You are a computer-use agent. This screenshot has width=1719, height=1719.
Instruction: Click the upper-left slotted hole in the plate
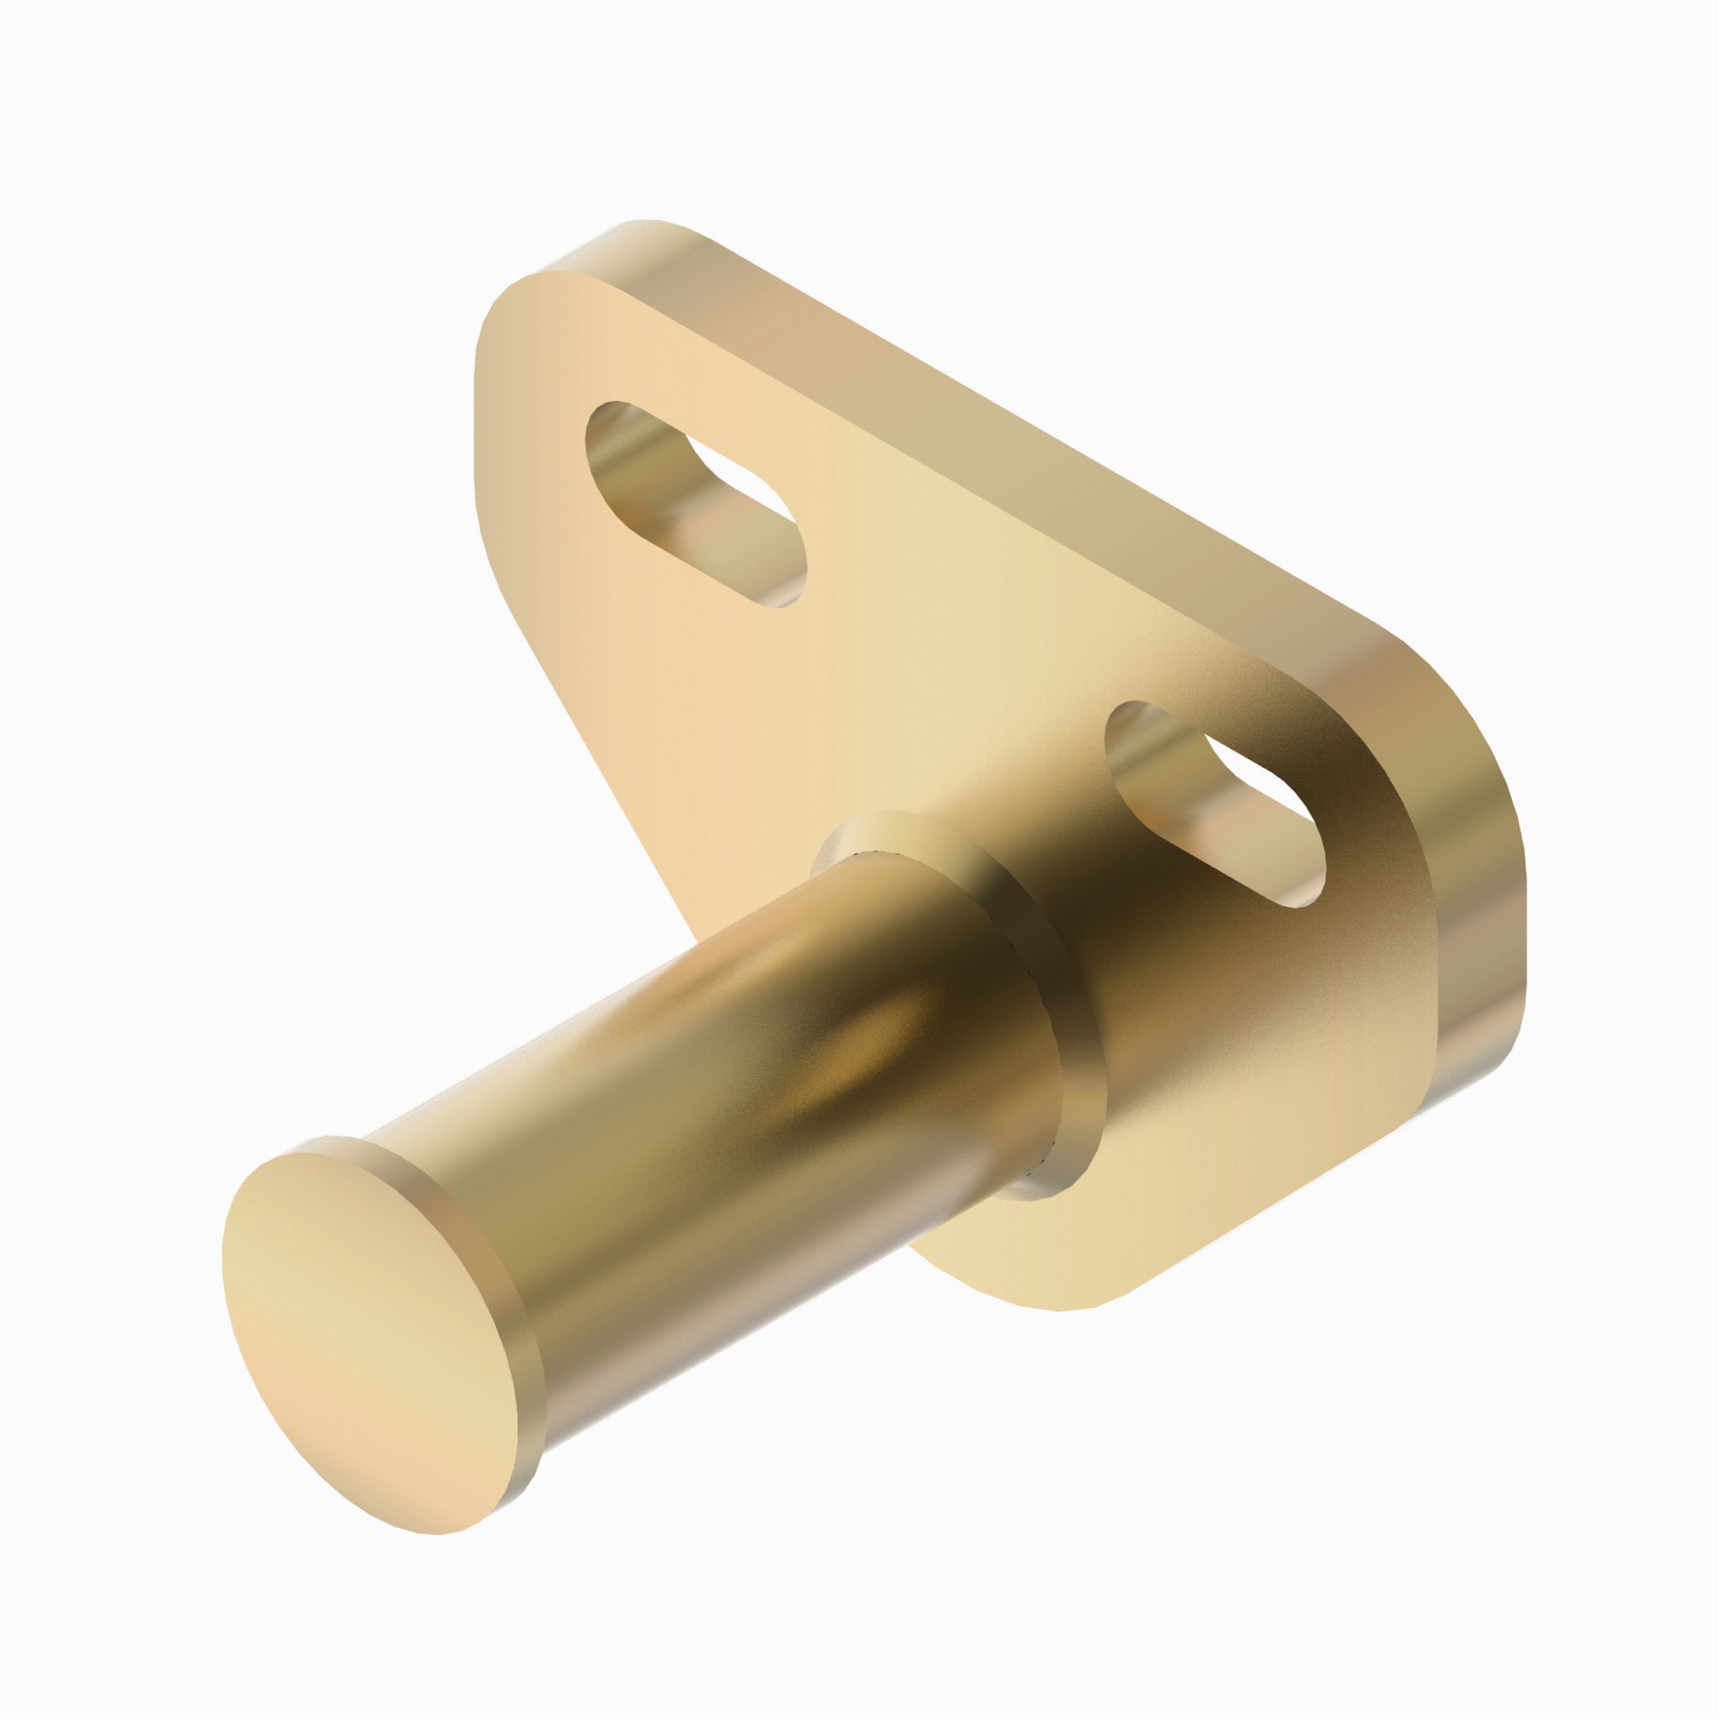coord(694,503)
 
